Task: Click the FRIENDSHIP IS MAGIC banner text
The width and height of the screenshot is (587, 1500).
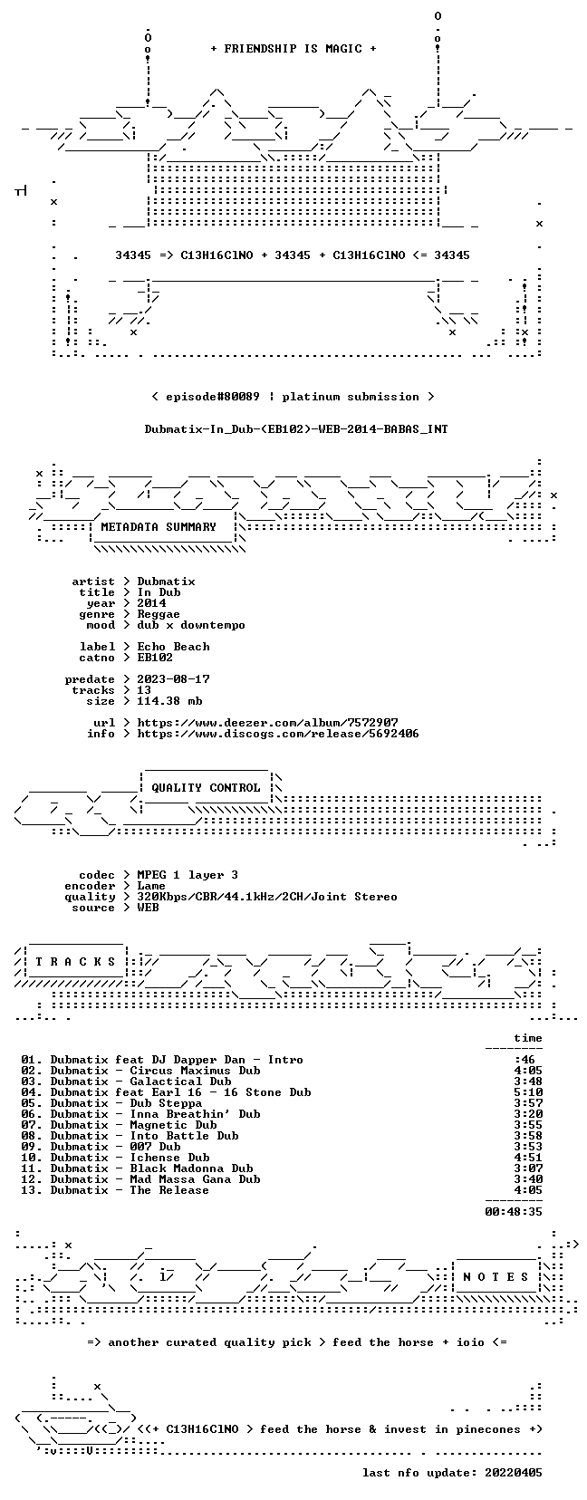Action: click(293, 49)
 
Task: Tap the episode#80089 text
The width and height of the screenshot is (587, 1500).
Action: click(213, 397)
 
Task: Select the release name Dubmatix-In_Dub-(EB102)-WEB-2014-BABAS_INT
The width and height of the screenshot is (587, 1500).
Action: click(296, 429)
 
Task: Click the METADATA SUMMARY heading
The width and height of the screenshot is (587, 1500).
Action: click(159, 527)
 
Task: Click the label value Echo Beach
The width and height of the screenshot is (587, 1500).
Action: click(173, 646)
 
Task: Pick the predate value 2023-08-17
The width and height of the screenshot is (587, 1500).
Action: click(173, 679)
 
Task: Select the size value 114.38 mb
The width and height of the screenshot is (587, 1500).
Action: click(169, 701)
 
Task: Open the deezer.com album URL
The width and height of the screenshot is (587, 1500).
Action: click(268, 723)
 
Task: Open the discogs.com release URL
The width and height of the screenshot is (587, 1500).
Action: click(278, 734)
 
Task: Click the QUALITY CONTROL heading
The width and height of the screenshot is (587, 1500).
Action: click(207, 788)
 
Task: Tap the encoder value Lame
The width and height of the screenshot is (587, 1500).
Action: click(151, 886)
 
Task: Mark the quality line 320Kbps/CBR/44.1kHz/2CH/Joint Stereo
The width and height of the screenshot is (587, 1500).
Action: click(267, 897)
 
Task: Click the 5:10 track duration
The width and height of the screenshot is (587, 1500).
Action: click(528, 1092)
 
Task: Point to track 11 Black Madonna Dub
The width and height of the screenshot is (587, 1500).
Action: click(191, 1168)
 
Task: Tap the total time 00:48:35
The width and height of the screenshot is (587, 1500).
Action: click(514, 1211)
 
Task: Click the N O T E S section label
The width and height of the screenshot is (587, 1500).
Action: click(496, 1277)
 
